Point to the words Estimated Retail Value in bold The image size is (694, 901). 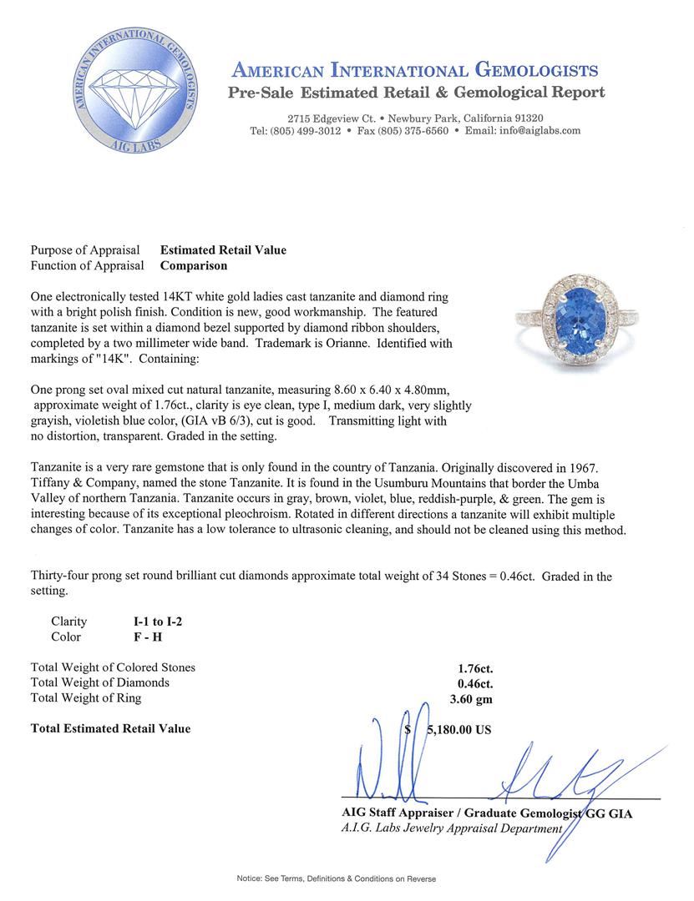click(223, 250)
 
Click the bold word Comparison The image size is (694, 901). click(194, 266)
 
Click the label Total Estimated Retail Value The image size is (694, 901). click(110, 728)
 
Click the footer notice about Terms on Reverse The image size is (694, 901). click(336, 878)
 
